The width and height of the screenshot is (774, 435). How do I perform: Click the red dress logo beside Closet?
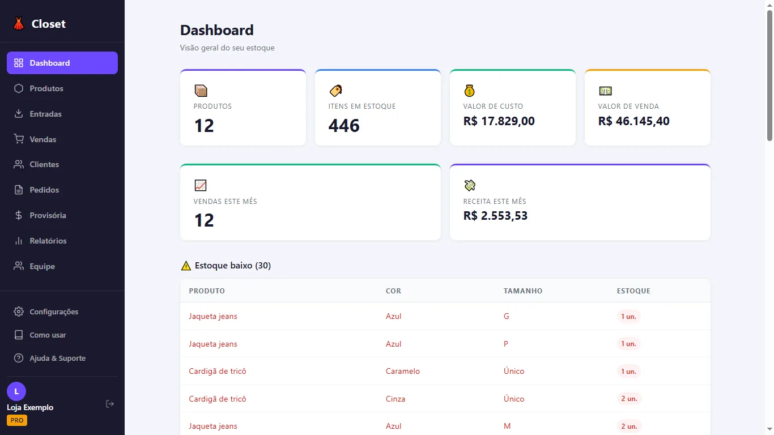[19, 23]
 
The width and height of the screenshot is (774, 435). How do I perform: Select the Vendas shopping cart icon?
[19, 139]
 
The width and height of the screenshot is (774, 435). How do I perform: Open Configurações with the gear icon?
[19, 312]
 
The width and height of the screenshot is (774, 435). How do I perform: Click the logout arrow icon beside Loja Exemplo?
[110, 404]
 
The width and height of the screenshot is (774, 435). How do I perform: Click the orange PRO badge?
[17, 420]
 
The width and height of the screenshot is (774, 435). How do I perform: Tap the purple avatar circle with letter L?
[16, 391]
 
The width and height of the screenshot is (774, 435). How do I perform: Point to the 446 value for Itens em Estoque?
[344, 125]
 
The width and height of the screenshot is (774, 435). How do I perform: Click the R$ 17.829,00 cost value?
[499, 121]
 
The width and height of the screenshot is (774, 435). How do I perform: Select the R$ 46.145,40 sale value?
[633, 121]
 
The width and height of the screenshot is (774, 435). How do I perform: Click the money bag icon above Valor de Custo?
[469, 91]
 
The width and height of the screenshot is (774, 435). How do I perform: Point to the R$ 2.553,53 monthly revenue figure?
[495, 216]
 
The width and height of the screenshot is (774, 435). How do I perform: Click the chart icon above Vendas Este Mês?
[201, 185]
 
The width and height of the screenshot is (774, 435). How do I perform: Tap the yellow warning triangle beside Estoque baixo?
[186, 265]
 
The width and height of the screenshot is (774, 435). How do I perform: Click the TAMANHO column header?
[523, 291]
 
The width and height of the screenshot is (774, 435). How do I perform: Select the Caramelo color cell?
[402, 371]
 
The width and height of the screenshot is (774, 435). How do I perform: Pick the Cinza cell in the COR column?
[395, 399]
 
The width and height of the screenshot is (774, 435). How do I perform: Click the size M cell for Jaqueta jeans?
[507, 426]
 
